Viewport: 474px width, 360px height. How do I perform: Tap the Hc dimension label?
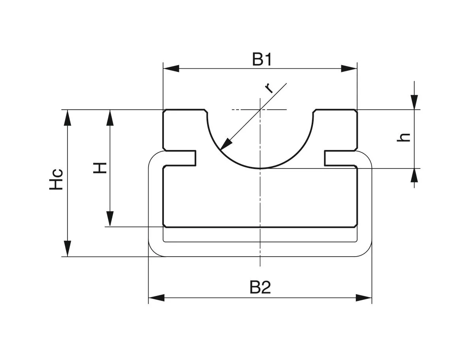point(57,179)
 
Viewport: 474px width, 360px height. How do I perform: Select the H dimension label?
point(100,167)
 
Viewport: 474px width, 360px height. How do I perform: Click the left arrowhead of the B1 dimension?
point(171,68)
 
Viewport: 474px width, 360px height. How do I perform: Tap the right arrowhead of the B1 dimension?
point(349,68)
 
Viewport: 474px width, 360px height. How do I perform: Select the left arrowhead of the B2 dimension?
point(156,297)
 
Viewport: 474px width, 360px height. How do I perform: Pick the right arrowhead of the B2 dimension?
point(364,297)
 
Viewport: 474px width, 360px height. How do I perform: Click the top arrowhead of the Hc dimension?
point(68,118)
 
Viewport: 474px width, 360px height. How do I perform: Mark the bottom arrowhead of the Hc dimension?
point(68,249)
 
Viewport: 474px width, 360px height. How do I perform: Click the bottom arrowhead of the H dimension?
point(110,219)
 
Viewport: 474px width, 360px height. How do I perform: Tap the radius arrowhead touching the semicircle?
point(226,144)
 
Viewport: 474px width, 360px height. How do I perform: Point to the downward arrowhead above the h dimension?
point(414,101)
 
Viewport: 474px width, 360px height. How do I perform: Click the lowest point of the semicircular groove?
point(260,168)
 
